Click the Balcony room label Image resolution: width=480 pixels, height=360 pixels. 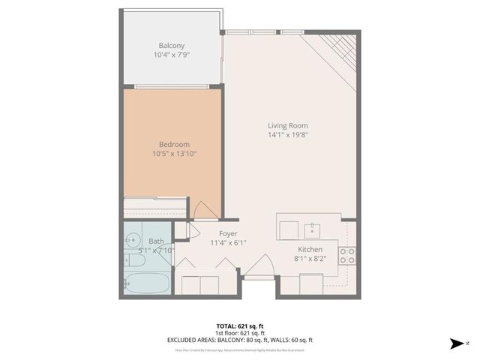[x=171, y=46]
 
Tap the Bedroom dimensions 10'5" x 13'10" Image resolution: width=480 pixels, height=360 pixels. [x=173, y=154]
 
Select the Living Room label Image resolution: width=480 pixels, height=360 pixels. [x=288, y=125]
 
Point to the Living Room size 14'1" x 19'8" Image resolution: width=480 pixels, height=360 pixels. [x=288, y=135]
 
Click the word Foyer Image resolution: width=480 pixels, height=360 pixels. [x=228, y=233]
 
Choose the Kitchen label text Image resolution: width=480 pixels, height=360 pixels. [x=310, y=250]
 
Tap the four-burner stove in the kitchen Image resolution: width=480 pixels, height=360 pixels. [x=348, y=255]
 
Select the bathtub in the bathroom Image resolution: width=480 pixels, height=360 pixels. [x=149, y=283]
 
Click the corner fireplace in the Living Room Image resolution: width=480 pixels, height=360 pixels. [x=339, y=49]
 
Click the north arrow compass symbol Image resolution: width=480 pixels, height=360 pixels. [x=455, y=344]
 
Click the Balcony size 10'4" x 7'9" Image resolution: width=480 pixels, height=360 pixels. [x=171, y=55]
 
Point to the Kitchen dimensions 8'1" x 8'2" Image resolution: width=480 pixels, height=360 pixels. [x=310, y=259]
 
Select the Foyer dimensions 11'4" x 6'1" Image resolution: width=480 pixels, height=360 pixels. [x=228, y=243]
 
